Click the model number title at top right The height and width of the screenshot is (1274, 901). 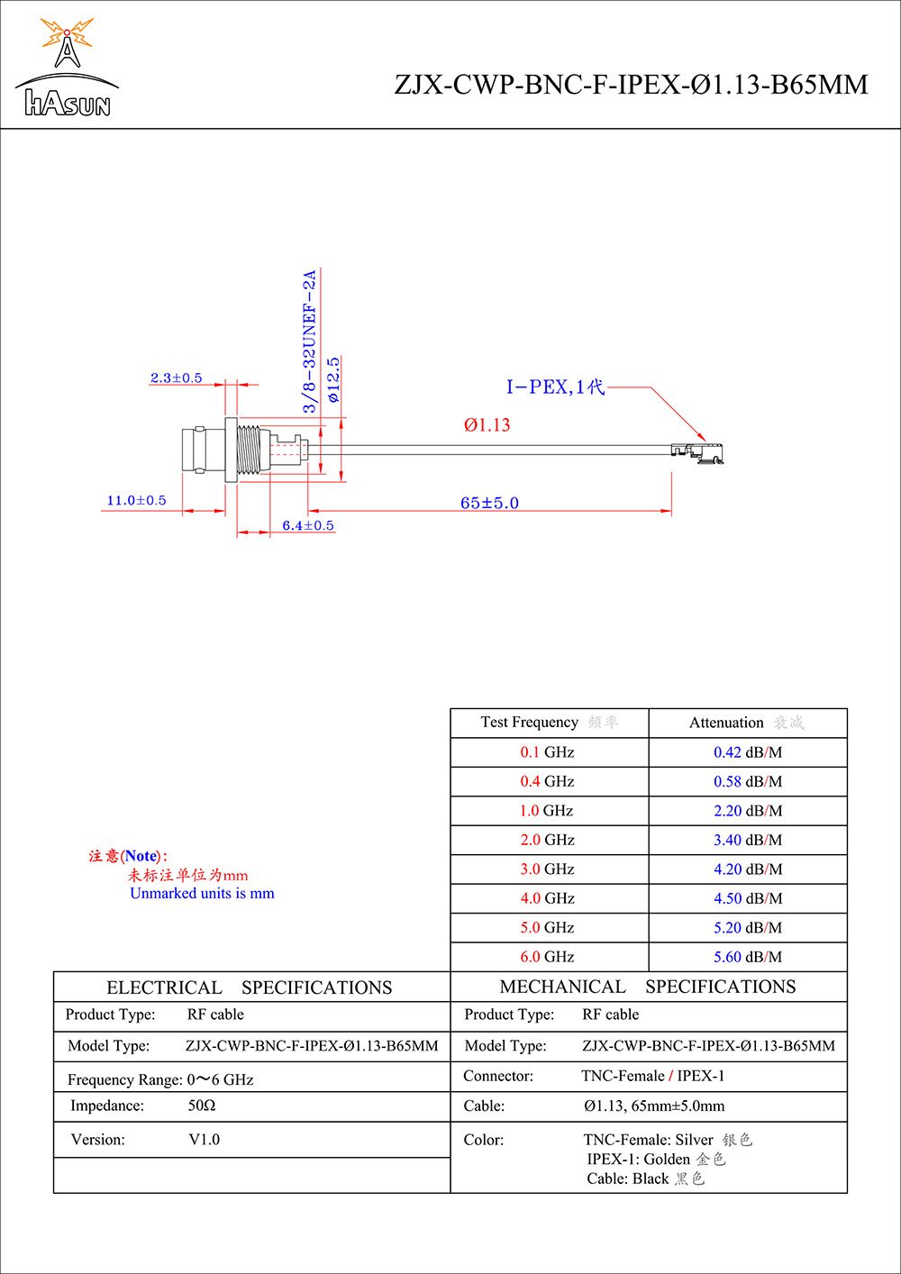click(x=631, y=85)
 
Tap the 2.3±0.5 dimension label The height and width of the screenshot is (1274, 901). click(x=177, y=378)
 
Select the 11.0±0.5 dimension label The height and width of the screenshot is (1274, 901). click(x=137, y=501)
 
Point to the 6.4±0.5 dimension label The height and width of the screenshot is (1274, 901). click(x=308, y=525)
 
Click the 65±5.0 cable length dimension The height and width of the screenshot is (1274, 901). click(x=489, y=503)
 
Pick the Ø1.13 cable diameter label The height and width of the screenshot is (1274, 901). click(x=487, y=425)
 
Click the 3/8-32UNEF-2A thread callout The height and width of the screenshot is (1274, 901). click(x=310, y=342)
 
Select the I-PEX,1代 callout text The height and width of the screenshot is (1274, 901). click(x=555, y=387)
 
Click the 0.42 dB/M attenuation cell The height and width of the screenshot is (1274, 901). click(x=748, y=752)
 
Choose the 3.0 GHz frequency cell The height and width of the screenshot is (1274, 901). click(x=547, y=869)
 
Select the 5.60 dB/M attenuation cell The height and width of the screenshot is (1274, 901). click(x=748, y=957)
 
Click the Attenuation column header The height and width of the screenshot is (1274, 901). click(x=747, y=723)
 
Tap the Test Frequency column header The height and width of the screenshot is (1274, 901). click(x=549, y=723)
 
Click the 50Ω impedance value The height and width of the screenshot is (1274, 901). click(x=202, y=1106)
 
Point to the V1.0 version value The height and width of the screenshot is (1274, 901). click(x=205, y=1140)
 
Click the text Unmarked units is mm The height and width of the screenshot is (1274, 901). click(x=202, y=894)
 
